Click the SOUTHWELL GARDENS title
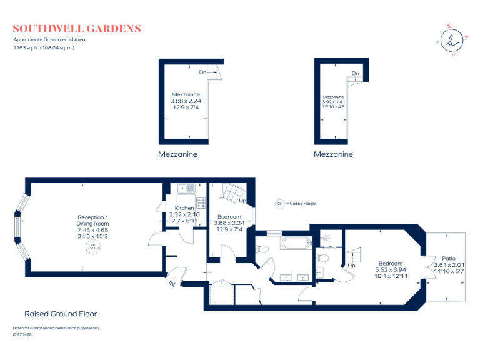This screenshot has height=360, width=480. tap(77, 29)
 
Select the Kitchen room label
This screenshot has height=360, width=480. tap(184, 207)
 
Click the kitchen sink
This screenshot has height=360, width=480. tap(187, 188)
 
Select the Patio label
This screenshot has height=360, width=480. tap(449, 258)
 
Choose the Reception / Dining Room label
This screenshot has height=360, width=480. tap(92, 220)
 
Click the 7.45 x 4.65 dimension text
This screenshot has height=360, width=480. tap(92, 230)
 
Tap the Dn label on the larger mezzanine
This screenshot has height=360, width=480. tap(202, 72)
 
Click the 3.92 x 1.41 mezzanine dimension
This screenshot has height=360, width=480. tap(333, 102)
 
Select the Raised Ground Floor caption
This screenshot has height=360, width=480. tap(61, 314)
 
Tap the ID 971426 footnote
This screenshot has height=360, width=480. tap(22, 334)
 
